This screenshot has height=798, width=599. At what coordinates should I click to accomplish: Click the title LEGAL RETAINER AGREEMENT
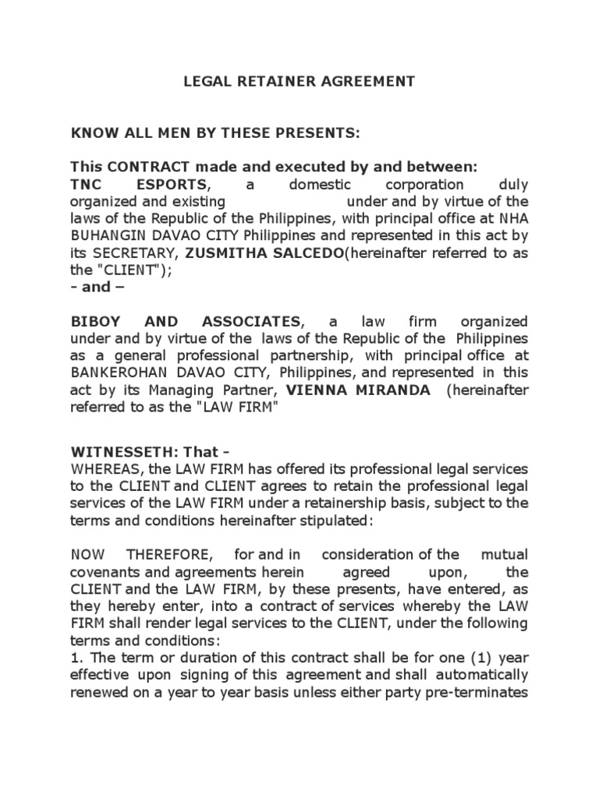[299, 81]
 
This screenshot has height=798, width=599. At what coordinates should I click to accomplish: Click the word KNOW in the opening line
[90, 133]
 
